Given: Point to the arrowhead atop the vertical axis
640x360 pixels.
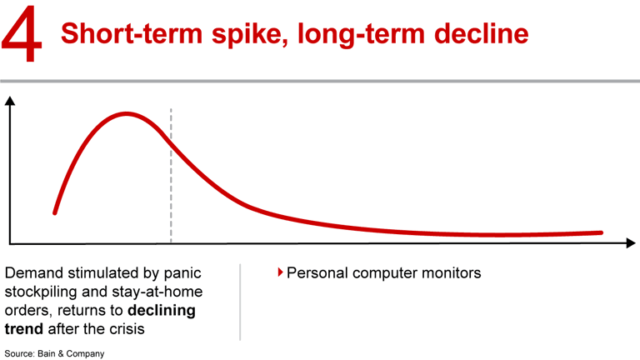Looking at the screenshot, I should [10, 102].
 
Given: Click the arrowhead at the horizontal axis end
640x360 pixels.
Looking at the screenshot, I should [632, 243].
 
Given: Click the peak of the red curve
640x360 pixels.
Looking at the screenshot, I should [127, 113].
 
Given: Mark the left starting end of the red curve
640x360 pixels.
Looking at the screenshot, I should [56, 212].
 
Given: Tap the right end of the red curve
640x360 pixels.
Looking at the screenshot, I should [600, 232].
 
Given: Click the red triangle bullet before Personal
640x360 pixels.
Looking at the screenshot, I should [280, 272].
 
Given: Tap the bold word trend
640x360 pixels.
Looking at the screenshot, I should [24, 328].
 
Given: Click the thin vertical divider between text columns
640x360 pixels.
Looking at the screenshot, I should [240, 302].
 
